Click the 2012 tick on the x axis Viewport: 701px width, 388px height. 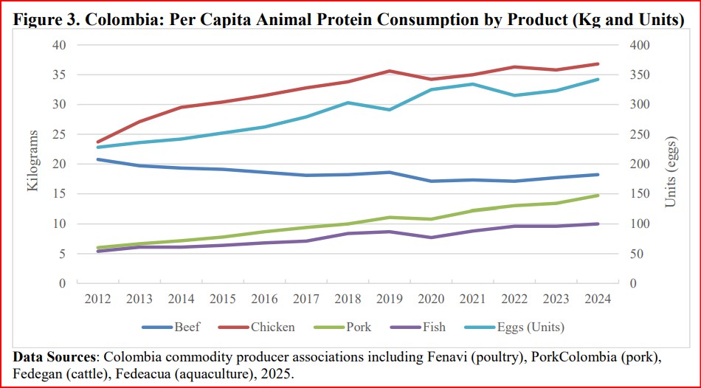[x=97, y=299]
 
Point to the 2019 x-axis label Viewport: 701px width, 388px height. [x=390, y=299]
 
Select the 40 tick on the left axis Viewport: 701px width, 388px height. [x=60, y=45]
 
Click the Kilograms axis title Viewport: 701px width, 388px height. [x=33, y=164]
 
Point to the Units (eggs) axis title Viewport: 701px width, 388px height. [x=670, y=171]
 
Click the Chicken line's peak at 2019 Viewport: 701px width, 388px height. [x=390, y=71]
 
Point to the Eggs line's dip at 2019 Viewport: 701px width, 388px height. [x=390, y=109]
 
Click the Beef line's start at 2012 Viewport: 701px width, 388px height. [x=97, y=159]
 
